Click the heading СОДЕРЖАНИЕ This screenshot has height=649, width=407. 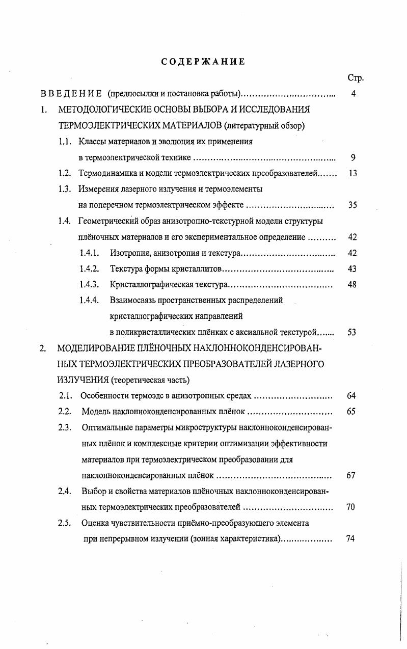tap(203, 62)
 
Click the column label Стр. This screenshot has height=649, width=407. tap(355, 78)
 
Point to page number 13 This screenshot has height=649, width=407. tap(352, 173)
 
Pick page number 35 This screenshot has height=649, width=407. tap(352, 205)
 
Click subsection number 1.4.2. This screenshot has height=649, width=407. tap(90, 268)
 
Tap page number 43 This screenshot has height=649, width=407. tap(352, 268)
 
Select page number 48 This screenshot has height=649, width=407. tap(352, 284)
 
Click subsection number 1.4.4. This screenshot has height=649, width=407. tap(90, 300)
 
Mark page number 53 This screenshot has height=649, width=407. tap(352, 332)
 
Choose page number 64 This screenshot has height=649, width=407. tap(351, 395)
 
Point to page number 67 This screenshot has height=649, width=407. tap(350, 475)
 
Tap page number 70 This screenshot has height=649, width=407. tap(350, 507)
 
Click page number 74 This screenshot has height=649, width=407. tap(350, 539)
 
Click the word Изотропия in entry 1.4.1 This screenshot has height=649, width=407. tap(130, 253)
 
